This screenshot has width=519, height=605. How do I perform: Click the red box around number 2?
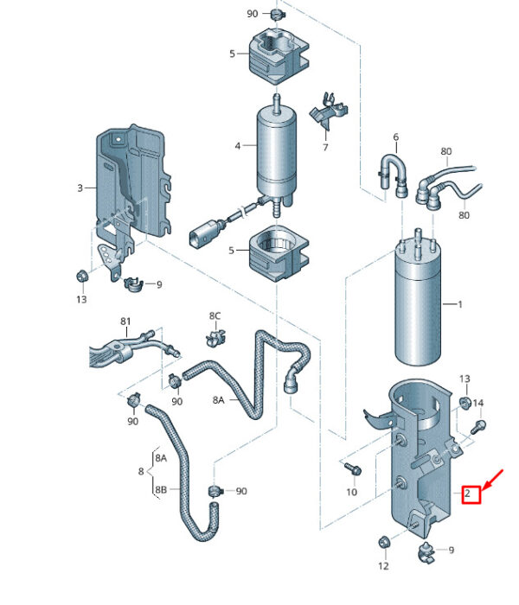coord(471,494)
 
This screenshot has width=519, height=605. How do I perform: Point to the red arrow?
coord(493,481)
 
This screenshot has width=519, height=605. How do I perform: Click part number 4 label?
coord(238,146)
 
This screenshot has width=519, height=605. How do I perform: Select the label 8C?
coord(215,316)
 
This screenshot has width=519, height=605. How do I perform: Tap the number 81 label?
coord(125,321)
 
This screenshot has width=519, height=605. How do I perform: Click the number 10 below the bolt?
coord(351,492)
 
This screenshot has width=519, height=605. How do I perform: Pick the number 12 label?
coord(383,566)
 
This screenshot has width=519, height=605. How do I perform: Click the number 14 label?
coord(477,404)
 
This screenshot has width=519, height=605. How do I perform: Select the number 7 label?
coord(325,148)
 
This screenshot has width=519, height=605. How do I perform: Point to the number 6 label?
coord(396,137)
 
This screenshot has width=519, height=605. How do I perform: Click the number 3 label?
coord(80,188)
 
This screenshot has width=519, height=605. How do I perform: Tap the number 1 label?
coord(460,304)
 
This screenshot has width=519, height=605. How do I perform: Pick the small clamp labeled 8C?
coord(215,338)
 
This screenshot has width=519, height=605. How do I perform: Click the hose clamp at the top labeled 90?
coord(277,15)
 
